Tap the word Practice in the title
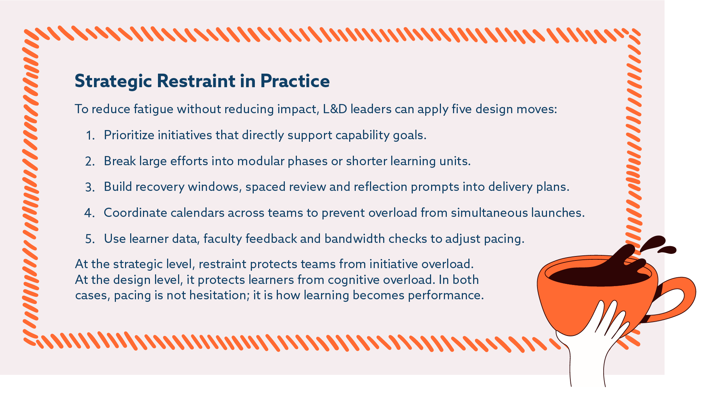[295, 81]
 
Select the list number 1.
[90, 136]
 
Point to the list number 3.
[90, 187]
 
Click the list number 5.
[90, 239]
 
